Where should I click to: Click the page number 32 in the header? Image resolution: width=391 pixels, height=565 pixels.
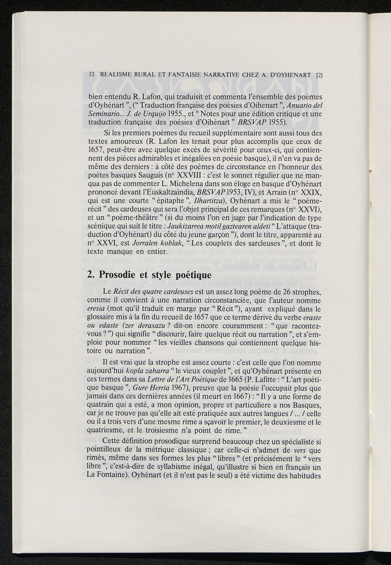91,75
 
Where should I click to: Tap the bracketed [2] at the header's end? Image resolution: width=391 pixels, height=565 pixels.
320,75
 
